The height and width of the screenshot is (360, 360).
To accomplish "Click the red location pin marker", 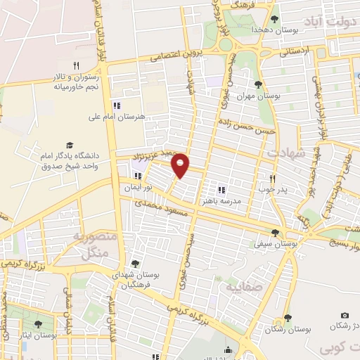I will pyautogui.click(x=181, y=165).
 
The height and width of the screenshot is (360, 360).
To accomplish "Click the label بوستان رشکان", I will pyautogui.click(x=288, y=328).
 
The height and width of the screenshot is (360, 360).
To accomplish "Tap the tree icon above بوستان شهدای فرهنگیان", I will pyautogui.click(x=134, y=264).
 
